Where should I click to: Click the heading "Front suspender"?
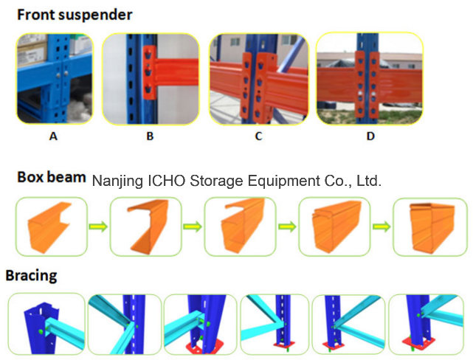pyautogui.click(x=75, y=15)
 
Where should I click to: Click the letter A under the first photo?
pyautogui.click(x=53, y=136)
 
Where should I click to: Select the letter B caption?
pyautogui.click(x=150, y=136)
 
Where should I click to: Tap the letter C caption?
pyautogui.click(x=258, y=136)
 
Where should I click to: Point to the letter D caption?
pyautogui.click(x=370, y=136)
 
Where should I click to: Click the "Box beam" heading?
pyautogui.click(x=52, y=177)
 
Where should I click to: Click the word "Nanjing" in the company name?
pyautogui.click(x=117, y=181)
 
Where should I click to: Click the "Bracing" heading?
pyautogui.click(x=32, y=276)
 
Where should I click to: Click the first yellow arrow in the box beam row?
pyautogui.click(x=98, y=226)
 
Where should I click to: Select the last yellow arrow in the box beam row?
pyautogui.click(x=381, y=226)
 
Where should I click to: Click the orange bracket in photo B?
pyautogui.click(x=150, y=72)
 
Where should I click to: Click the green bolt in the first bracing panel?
pyautogui.click(x=41, y=332)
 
